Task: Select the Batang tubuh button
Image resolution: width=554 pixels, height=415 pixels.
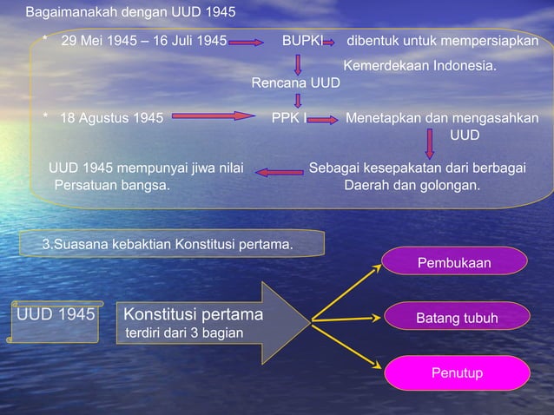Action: point(456,318)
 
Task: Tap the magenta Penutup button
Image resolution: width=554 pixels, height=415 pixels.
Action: point(457,373)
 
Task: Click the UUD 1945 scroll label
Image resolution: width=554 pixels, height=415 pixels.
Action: point(54,314)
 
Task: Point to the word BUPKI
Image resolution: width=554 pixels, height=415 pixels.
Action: point(301,41)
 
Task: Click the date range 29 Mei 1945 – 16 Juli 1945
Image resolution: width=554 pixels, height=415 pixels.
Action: point(144,41)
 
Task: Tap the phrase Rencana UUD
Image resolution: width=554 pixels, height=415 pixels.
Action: point(295,82)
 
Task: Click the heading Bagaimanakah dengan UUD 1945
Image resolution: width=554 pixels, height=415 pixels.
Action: point(130,13)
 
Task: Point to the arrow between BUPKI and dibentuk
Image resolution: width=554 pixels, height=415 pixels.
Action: point(334,42)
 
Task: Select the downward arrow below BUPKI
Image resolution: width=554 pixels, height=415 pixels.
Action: point(299,63)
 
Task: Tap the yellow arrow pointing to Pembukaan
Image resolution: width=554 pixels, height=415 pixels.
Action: point(346,289)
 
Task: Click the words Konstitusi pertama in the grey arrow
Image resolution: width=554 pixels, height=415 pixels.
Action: point(194,313)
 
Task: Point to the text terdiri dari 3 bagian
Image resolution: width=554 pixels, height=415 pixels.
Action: point(185,333)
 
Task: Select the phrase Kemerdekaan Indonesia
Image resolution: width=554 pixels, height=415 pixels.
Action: point(420,65)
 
